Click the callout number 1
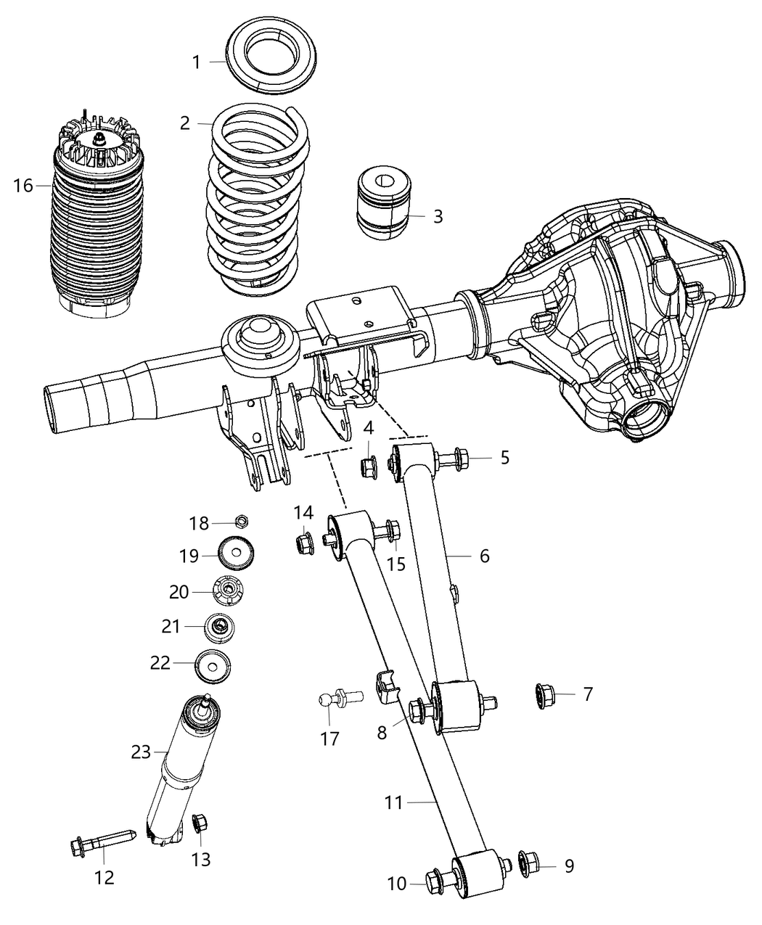[x=196, y=62]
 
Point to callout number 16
[x=22, y=186]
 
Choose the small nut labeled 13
[x=200, y=823]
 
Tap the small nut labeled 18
[x=242, y=520]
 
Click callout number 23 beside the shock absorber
[x=141, y=752]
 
